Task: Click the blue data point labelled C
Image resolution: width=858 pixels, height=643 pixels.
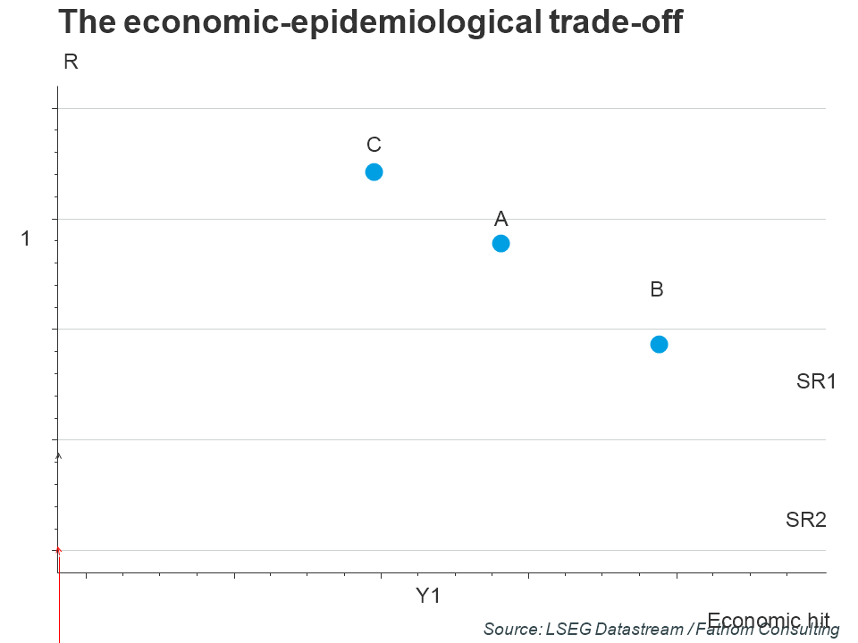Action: [374, 171]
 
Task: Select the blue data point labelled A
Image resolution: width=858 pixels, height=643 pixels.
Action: [501, 243]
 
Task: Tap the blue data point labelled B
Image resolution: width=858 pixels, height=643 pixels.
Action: [659, 344]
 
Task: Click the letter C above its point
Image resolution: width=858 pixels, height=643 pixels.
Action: [374, 145]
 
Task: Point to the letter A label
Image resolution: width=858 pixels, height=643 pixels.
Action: [501, 218]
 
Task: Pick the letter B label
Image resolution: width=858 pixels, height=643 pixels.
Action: [657, 289]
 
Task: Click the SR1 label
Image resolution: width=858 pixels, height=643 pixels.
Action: [816, 381]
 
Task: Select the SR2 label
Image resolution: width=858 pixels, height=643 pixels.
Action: [806, 519]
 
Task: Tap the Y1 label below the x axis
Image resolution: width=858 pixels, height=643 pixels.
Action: [428, 596]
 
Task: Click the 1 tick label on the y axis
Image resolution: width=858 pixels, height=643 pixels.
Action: [26, 238]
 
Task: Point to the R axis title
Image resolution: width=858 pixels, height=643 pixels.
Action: [71, 62]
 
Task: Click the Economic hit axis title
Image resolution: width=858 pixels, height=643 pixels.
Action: [769, 619]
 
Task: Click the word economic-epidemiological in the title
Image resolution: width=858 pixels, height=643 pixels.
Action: [321, 22]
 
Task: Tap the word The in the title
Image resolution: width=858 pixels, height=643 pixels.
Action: [87, 22]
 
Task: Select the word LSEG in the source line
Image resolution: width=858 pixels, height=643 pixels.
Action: [567, 630]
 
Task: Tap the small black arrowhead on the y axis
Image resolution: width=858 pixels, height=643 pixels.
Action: [59, 455]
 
